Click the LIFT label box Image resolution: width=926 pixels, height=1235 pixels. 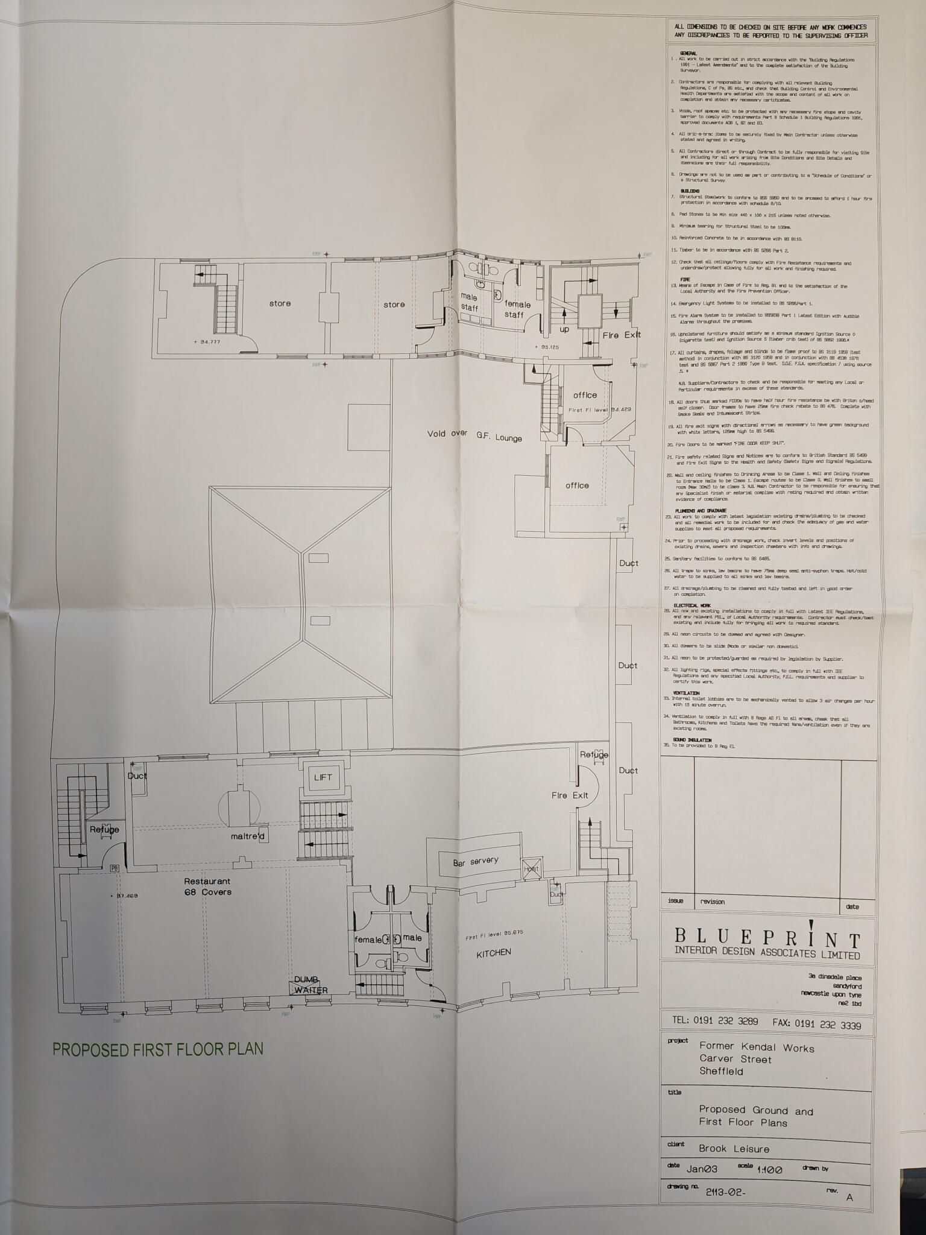pyautogui.click(x=323, y=777)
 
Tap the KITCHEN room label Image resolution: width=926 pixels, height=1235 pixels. pyautogui.click(x=493, y=953)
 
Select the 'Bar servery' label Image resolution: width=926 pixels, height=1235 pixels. pyautogui.click(x=476, y=862)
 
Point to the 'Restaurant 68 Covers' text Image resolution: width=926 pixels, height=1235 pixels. pyautogui.click(x=207, y=886)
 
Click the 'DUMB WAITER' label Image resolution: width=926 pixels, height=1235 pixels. pyautogui.click(x=310, y=985)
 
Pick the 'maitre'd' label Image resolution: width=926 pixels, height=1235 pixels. pyautogui.click(x=248, y=836)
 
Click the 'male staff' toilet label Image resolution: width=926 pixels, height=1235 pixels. pyautogui.click(x=469, y=303)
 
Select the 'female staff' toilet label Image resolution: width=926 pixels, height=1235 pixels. pyautogui.click(x=517, y=309)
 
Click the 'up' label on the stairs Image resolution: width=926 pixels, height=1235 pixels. pyautogui.click(x=564, y=330)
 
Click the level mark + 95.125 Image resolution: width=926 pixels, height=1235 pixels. pyautogui.click(x=547, y=347)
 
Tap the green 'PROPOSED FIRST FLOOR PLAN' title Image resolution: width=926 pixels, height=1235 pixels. pyautogui.click(x=158, y=1049)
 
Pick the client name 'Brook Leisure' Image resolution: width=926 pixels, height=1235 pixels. pyautogui.click(x=734, y=1149)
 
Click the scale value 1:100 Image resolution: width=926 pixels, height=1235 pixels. pyautogui.click(x=770, y=1169)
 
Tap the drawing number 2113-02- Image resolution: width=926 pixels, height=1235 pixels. pyautogui.click(x=725, y=1192)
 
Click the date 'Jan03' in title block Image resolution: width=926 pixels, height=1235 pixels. pyautogui.click(x=702, y=1169)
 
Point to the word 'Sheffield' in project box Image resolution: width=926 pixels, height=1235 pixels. pyautogui.click(x=721, y=1071)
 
